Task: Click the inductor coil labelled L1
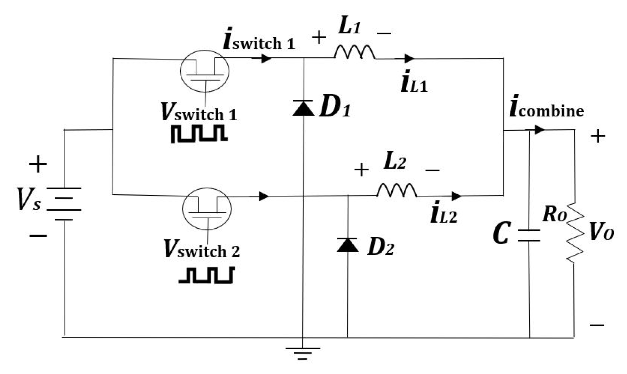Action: click(x=354, y=53)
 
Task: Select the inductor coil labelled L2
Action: click(x=397, y=190)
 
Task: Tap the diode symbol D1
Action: click(x=303, y=108)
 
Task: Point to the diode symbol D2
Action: click(x=347, y=245)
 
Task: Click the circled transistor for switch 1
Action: click(x=205, y=71)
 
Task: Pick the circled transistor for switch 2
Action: click(x=207, y=209)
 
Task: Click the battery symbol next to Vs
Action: click(x=64, y=204)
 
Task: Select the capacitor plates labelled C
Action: click(x=529, y=235)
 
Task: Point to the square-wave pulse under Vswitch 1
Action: click(x=199, y=134)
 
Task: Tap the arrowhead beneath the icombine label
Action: click(x=539, y=130)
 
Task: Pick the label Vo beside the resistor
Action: click(x=602, y=232)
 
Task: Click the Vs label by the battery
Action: click(x=29, y=200)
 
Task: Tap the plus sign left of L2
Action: click(x=361, y=170)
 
